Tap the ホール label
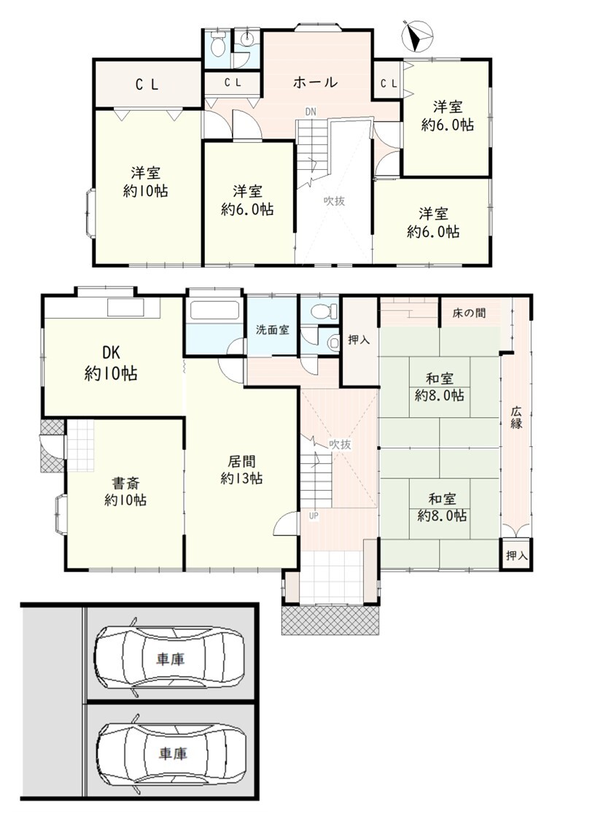pos(315,82)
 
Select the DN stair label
pos(311,112)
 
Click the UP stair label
pos(314,516)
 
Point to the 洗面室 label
pos(272,330)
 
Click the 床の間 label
pos(469,313)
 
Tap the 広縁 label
pos(516,417)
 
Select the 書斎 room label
pos(125,483)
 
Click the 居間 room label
pos(241,461)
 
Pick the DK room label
pos(111,352)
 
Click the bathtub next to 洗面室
pos(214,311)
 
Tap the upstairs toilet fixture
pos(217,44)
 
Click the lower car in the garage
pos(172,753)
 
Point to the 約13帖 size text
pos(241,478)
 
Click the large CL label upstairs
pos(147,85)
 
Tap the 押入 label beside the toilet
pos(359,339)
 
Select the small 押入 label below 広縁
pos(516,556)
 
